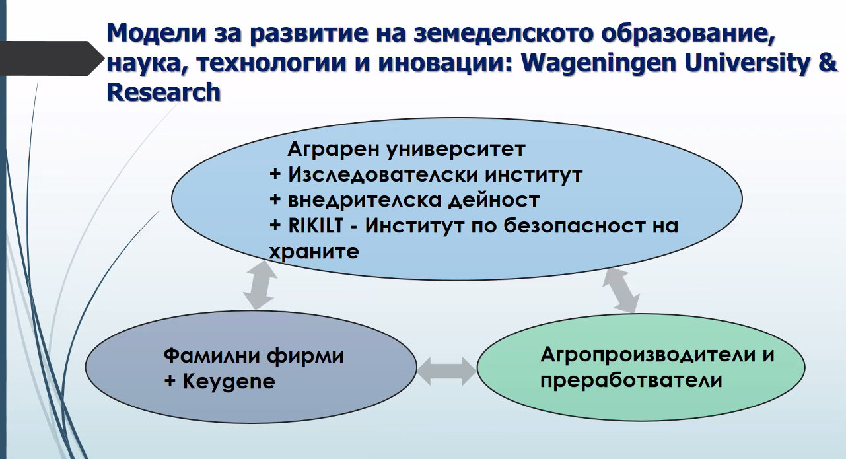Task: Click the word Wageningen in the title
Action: [x=598, y=63]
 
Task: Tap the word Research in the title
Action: [x=164, y=92]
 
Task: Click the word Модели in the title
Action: [x=157, y=32]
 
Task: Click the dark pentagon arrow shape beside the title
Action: [x=51, y=58]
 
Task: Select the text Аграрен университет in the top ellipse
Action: [x=406, y=149]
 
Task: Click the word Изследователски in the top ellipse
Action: [x=382, y=175]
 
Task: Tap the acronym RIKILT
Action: [x=316, y=225]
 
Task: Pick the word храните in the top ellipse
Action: [x=314, y=252]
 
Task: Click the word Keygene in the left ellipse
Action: [x=229, y=382]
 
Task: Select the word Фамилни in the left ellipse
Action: [x=211, y=355]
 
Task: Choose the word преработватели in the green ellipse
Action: [x=631, y=380]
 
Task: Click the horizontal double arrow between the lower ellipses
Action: [x=447, y=371]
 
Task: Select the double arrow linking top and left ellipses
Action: [x=260, y=285]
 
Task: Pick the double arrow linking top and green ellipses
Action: [x=621, y=291]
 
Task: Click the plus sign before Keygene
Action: [x=170, y=381]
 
